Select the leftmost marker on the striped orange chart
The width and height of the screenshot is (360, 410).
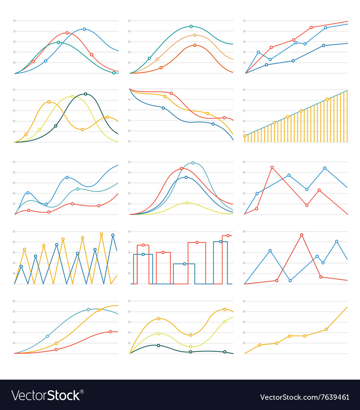click(245, 136)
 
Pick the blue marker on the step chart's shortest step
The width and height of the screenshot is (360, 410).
click(184, 263)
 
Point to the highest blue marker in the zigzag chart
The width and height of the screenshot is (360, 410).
click(113, 235)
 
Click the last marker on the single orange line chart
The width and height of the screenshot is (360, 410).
click(326, 329)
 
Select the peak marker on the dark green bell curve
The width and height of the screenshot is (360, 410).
click(85, 94)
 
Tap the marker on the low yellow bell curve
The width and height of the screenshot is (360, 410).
click(187, 203)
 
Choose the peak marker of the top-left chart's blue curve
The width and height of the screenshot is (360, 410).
click(84, 29)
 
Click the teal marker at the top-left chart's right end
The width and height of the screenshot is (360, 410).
click(114, 73)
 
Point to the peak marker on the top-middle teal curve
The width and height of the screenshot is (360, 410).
click(191, 27)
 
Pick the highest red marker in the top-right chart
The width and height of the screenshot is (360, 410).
click(311, 27)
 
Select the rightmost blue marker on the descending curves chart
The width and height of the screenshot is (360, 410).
click(213, 124)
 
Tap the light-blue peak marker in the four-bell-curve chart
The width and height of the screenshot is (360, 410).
click(193, 163)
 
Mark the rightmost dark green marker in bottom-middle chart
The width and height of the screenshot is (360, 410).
click(225, 352)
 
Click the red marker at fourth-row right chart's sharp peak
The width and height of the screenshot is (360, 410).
click(302, 235)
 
